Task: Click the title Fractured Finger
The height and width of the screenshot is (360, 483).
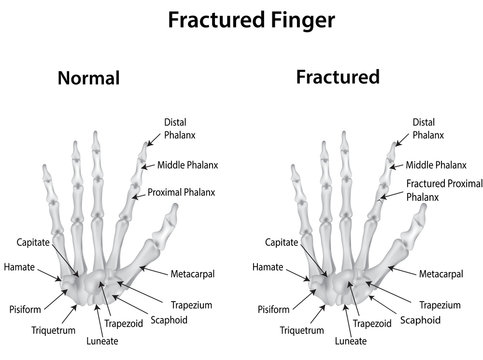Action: [241, 19]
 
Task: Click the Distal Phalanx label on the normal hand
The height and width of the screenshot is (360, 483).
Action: [177, 127]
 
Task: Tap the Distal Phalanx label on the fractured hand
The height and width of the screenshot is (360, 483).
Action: [426, 127]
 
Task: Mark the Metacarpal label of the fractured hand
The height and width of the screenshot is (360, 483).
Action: [440, 273]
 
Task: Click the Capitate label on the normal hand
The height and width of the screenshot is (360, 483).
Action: [33, 242]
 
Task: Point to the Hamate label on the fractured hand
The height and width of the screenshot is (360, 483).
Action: [266, 268]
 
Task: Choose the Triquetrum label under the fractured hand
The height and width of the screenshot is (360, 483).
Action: [301, 328]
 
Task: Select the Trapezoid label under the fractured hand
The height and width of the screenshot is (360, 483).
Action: [372, 323]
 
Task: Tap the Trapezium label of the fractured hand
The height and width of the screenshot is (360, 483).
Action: [440, 304]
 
